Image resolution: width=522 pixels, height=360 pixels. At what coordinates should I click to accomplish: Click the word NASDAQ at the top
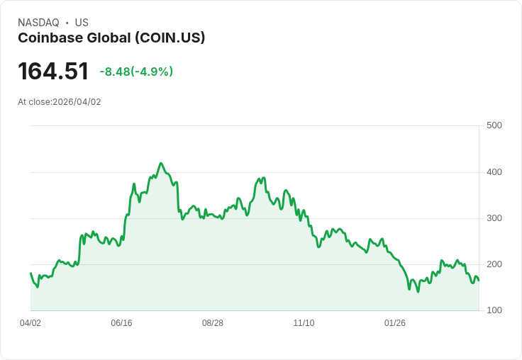38,23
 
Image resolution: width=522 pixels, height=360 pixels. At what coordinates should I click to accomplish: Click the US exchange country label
82,23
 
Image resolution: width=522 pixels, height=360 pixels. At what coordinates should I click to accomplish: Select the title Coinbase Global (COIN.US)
111,38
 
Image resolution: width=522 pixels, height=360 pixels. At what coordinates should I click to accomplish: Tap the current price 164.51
53,71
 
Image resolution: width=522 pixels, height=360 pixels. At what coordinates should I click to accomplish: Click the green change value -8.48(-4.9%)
136,72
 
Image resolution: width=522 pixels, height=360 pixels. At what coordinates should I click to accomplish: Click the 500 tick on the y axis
494,125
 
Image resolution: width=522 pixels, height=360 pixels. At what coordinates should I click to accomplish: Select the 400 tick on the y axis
494,172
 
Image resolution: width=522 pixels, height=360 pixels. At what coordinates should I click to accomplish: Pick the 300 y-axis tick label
494,218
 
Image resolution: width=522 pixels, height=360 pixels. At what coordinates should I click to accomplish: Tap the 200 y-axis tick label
494,264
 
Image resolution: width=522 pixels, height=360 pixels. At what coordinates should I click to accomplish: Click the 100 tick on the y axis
494,310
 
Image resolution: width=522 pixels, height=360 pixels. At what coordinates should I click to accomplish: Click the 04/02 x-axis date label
30,323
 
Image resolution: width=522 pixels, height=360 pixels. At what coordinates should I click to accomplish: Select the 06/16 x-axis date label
121,323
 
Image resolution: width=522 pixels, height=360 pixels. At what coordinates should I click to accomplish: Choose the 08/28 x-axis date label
213,323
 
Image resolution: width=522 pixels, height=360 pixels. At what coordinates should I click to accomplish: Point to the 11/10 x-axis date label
304,323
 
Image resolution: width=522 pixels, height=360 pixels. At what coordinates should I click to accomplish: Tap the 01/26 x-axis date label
395,323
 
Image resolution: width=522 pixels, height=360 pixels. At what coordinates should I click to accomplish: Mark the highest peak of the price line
161,163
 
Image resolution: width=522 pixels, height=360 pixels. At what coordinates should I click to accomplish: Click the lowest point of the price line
418,291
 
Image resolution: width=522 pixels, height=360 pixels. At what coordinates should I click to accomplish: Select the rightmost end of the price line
479,280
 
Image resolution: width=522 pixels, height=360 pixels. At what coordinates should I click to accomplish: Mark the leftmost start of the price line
30,273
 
